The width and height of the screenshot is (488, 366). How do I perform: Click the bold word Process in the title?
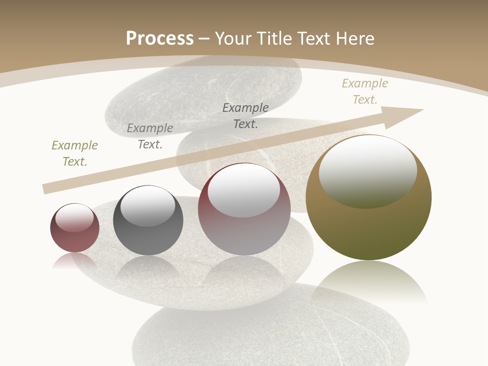160,39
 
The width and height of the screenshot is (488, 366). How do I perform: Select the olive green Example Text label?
75,154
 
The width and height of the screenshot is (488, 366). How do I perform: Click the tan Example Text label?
364,91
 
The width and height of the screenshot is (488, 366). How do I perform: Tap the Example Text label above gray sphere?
150,136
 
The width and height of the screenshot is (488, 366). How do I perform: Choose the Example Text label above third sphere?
246,115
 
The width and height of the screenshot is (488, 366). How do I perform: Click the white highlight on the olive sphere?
368,170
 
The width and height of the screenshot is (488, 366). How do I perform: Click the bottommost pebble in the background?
269,335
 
